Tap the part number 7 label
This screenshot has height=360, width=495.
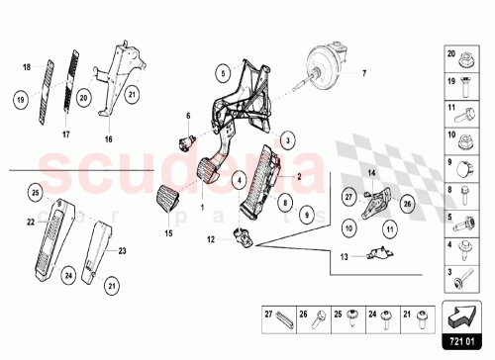coord(363,74)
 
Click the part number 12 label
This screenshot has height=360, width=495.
coord(210,239)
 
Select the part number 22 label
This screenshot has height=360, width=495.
coord(31,221)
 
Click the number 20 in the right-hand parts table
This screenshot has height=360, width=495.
coord(450,54)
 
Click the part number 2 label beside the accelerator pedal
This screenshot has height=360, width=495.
coord(297,176)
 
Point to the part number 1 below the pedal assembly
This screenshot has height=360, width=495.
coord(202,209)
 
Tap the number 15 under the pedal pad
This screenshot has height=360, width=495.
coord(168,233)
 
